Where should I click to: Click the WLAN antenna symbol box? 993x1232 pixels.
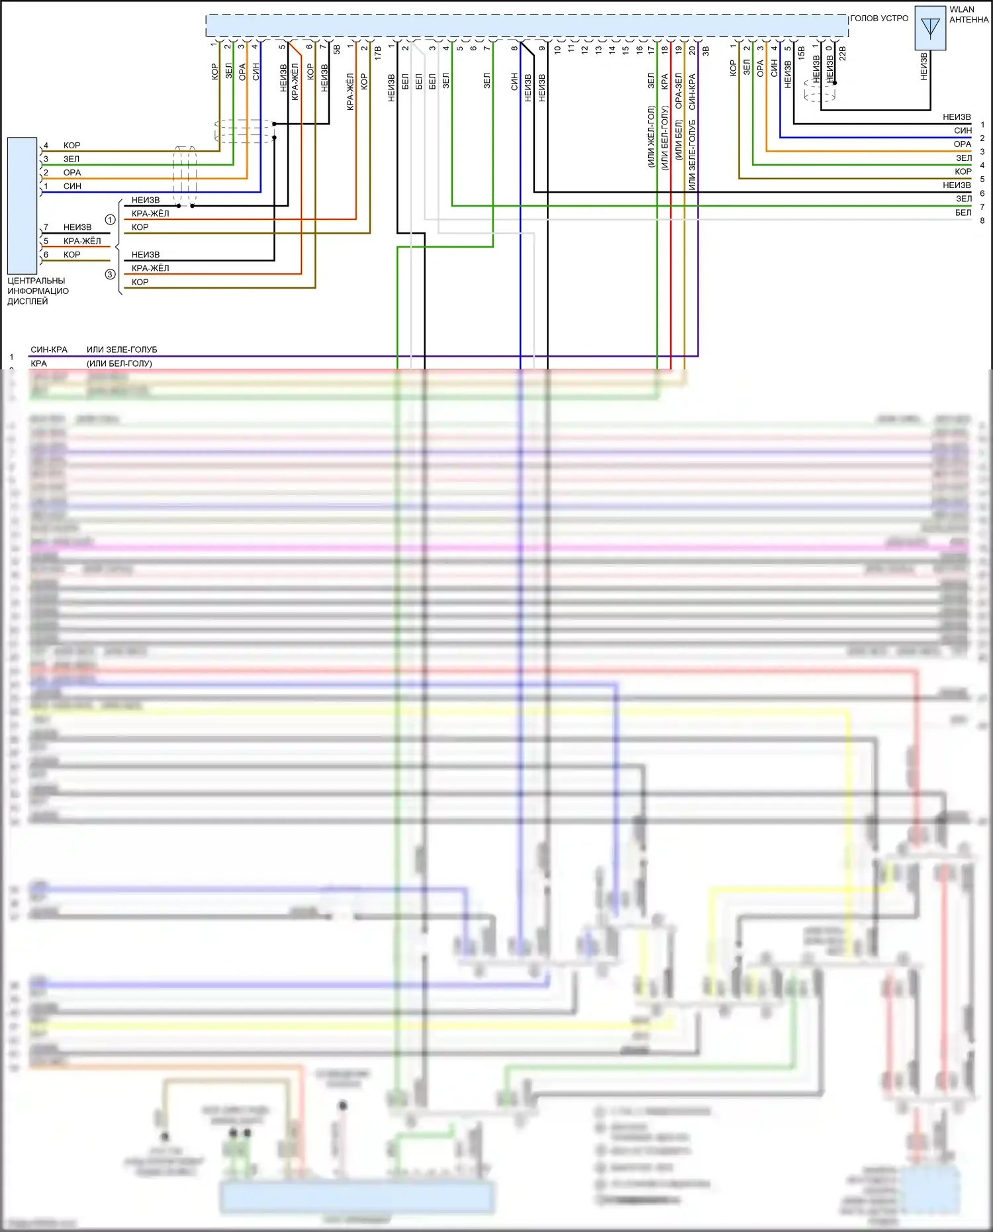pos(930,28)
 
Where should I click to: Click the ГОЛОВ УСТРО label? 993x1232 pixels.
pos(879,19)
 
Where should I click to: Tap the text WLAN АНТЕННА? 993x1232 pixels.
pos(969,15)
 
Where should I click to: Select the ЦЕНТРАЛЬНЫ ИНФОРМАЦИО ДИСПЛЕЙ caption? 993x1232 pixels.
pos(38,291)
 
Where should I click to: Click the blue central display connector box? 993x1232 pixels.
pos(22,205)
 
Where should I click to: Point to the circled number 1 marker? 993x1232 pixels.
pos(111,219)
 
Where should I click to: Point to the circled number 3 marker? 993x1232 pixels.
pos(111,274)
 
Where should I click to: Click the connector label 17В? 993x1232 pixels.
pos(378,53)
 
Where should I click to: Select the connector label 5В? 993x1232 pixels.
pos(337,49)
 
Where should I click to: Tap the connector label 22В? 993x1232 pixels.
pos(843,53)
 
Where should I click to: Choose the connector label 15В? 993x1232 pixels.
pos(802,53)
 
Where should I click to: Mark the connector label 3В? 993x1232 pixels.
pos(706,50)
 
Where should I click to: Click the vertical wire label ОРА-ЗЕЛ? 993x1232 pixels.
pos(679,91)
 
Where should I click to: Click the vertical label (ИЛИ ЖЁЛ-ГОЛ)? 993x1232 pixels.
pos(651,136)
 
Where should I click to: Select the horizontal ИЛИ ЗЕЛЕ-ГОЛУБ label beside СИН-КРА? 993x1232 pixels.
pos(122,350)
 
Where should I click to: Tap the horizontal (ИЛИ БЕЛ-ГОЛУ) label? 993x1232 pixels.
pos(119,363)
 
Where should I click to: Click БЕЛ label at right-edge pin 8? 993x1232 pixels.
pos(963,213)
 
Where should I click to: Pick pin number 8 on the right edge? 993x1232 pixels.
pos(982,220)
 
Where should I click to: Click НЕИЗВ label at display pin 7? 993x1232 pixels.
pos(77,227)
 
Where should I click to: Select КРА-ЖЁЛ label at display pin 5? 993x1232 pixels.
pos(82,241)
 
